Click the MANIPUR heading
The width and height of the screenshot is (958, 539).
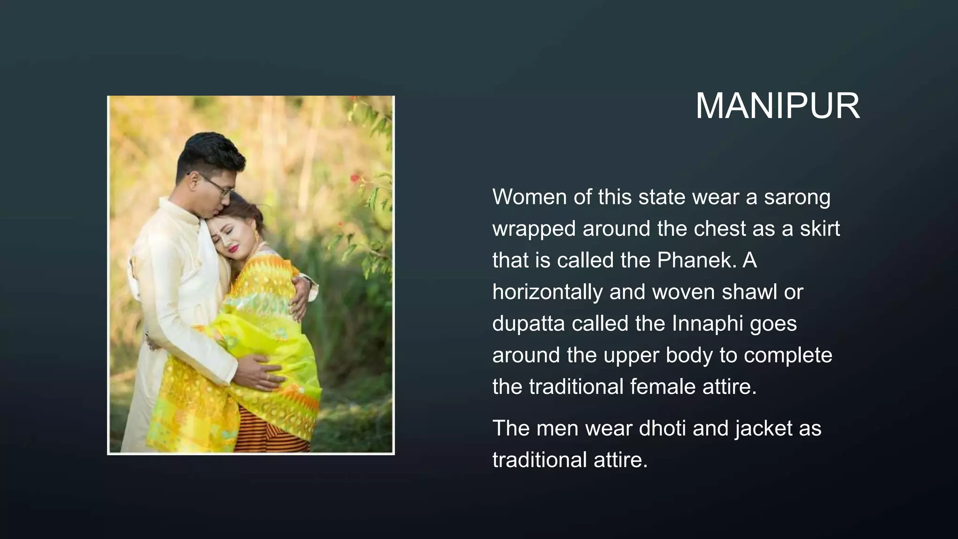[x=777, y=106]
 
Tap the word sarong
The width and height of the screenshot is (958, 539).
[x=797, y=197]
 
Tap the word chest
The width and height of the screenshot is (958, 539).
[x=720, y=229]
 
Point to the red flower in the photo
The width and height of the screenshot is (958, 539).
[x=355, y=178]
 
